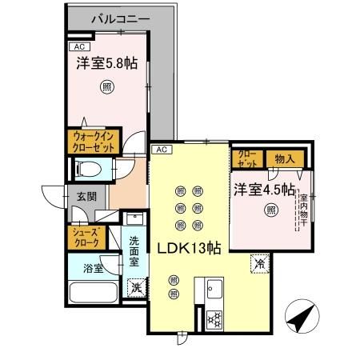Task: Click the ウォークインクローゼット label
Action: pos(94,142)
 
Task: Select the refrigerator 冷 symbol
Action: pos(260,262)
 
